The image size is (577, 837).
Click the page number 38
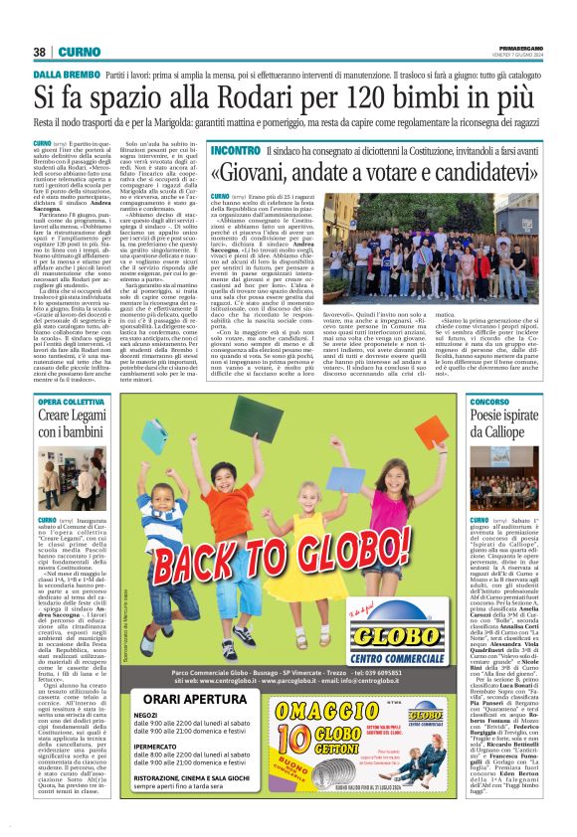pos(40,52)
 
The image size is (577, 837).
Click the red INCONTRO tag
pos(235,149)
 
